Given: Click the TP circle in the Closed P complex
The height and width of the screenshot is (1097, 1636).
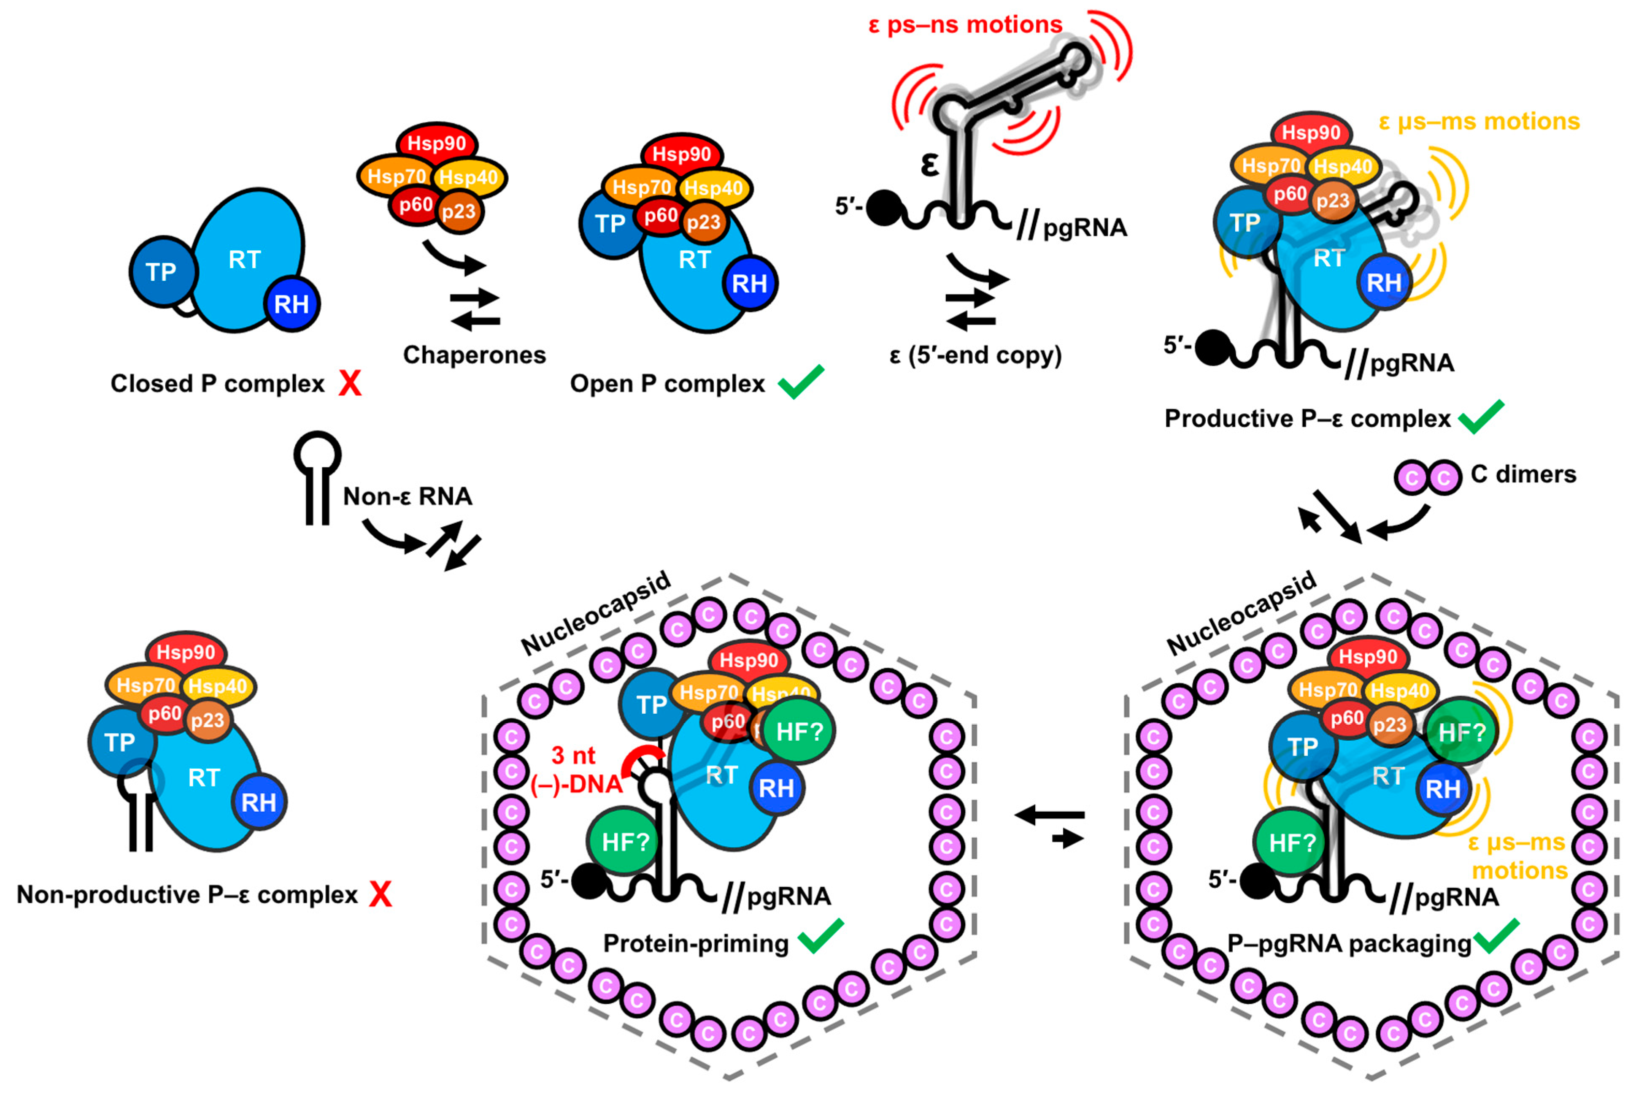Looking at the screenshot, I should pyautogui.click(x=162, y=271).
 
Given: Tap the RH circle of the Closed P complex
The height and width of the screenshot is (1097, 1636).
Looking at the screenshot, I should pyautogui.click(x=292, y=303).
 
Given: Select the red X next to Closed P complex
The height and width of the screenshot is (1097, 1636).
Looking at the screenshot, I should pyautogui.click(x=350, y=383).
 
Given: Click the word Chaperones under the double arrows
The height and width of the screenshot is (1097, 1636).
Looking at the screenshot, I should pyautogui.click(x=474, y=355).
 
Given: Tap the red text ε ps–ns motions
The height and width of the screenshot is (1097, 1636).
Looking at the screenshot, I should pyautogui.click(x=965, y=25).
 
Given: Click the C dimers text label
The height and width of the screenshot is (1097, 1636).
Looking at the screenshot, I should pyautogui.click(x=1523, y=474).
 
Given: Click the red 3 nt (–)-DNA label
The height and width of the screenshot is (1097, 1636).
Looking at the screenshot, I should pyautogui.click(x=575, y=769).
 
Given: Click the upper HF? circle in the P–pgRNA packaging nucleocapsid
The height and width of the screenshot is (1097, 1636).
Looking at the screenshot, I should pyautogui.click(x=1461, y=732).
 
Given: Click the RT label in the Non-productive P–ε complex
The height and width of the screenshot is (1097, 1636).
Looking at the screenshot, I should pyautogui.click(x=204, y=777).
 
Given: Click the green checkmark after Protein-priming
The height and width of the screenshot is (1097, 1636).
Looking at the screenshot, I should pyautogui.click(x=820, y=936).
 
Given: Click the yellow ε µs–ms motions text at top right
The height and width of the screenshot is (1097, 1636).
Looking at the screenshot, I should pyautogui.click(x=1479, y=122).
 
